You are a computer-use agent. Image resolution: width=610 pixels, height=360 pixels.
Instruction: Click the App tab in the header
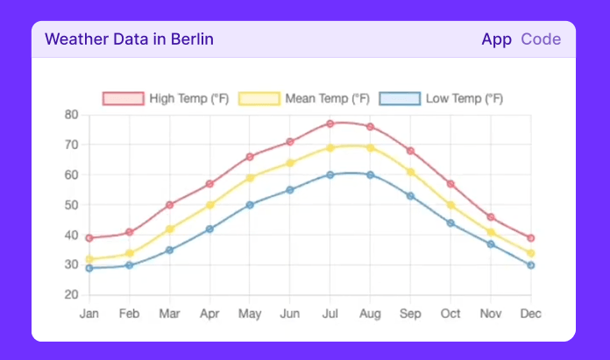[x=496, y=39]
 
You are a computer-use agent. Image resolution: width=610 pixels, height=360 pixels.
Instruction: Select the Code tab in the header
[x=541, y=39]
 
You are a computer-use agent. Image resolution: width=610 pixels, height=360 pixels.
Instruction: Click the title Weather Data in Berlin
[x=129, y=39]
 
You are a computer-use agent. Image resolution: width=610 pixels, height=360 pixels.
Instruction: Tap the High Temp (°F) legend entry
[x=166, y=98]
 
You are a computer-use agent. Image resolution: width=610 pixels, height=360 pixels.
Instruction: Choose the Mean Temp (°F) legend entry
[x=304, y=98]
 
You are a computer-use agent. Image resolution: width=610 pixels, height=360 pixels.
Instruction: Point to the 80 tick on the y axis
[x=72, y=115]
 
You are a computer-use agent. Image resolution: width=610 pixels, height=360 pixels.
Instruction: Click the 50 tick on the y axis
[x=72, y=205]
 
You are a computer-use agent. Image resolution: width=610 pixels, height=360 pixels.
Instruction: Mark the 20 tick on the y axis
[x=72, y=294]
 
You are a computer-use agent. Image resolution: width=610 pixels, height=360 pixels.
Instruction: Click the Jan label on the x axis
[x=89, y=314]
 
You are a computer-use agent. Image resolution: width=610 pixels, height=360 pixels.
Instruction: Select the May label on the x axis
[x=250, y=314]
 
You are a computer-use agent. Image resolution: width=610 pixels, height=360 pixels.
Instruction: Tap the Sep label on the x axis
[x=410, y=314]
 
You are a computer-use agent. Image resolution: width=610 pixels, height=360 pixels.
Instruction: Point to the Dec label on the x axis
[x=530, y=314]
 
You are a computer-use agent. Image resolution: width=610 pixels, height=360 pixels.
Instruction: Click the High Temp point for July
[x=330, y=124]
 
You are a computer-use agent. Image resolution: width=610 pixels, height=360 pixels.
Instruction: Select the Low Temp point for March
[x=170, y=250]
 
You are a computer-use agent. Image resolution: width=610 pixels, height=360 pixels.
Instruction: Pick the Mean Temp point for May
[x=250, y=178]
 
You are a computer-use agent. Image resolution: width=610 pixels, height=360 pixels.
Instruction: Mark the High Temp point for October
[x=450, y=184]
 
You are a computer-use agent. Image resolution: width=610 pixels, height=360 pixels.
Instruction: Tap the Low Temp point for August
[x=370, y=174]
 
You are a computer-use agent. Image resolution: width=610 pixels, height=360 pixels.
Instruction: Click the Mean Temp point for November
[x=491, y=232]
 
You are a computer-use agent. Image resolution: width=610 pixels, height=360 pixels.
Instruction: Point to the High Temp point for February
[x=130, y=232]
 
